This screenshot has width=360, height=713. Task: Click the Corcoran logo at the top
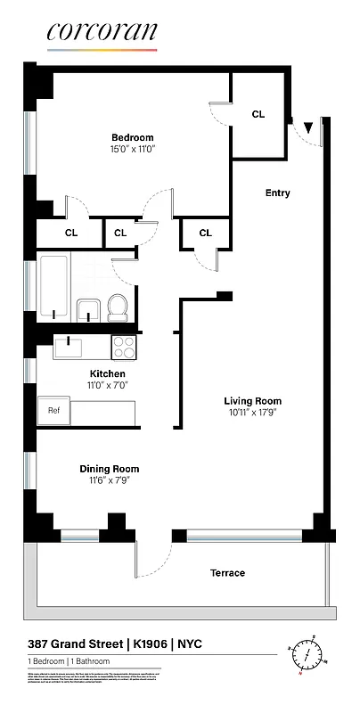coord(102,32)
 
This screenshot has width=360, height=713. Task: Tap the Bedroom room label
coord(132,137)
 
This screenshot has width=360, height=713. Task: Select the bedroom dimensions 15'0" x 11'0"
coord(132,151)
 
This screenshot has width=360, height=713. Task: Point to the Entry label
coord(277,193)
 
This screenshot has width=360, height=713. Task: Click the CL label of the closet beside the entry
coord(258,114)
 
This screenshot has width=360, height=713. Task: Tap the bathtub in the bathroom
coord(53,291)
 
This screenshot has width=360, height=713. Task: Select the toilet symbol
coord(118,308)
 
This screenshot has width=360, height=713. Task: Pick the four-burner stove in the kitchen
coord(123,346)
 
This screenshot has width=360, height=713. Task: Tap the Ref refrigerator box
coord(53,412)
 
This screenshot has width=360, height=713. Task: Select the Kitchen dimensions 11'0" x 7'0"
coord(107,387)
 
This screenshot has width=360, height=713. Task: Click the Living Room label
coord(252,400)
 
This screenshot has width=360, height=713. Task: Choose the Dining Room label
coord(110,469)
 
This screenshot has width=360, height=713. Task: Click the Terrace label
coord(227,573)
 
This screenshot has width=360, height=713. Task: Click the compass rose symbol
coord(306,654)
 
